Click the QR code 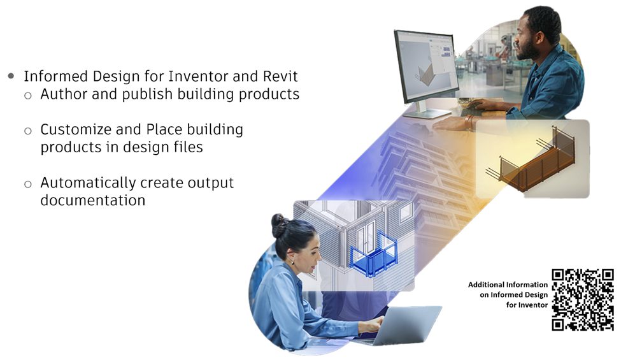pyautogui.click(x=583, y=299)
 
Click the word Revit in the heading pyautogui.click(x=280, y=76)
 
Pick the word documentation pyautogui.click(x=93, y=200)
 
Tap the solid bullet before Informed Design pyautogui.click(x=11, y=76)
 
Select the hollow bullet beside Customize pyautogui.click(x=28, y=131)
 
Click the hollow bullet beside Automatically pyautogui.click(x=28, y=184)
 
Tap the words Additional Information pyautogui.click(x=508, y=284)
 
